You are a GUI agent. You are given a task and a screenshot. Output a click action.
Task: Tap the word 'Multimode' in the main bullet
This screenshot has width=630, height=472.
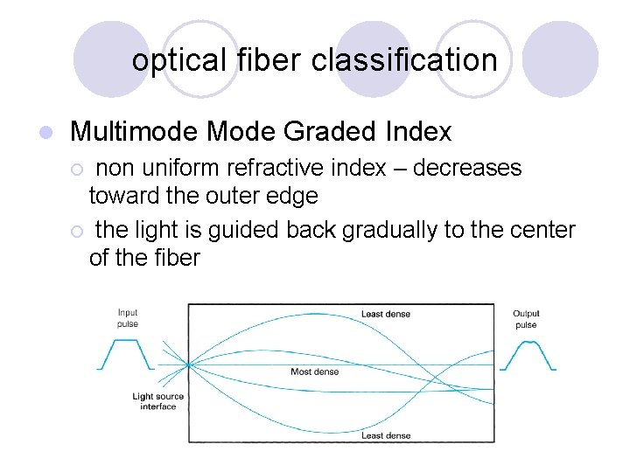point(135,132)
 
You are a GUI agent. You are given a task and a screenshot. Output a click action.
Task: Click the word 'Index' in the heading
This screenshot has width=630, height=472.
point(418,132)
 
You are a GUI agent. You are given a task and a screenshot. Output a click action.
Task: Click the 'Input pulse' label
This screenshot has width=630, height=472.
point(128,318)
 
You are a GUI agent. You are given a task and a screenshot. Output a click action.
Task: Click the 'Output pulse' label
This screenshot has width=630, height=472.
point(526,319)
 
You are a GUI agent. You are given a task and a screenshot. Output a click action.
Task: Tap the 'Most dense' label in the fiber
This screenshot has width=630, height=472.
point(314,371)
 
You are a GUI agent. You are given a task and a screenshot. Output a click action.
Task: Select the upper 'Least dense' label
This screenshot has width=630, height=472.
point(385,314)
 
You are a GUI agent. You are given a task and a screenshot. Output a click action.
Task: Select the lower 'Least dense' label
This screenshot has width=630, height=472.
point(385,435)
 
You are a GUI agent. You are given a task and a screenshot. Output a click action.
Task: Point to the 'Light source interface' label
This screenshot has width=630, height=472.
point(157,401)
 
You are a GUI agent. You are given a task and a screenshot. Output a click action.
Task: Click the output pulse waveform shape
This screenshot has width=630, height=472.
point(527,355)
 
